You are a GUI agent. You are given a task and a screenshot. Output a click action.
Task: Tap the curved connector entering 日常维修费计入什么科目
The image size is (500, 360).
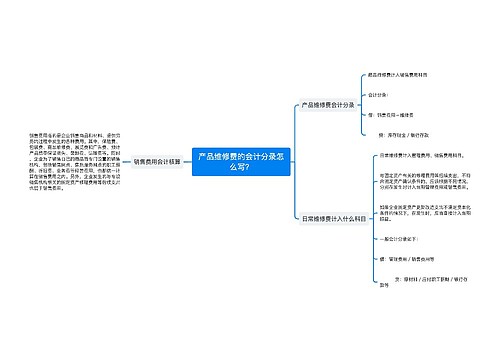click(x=290, y=200)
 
